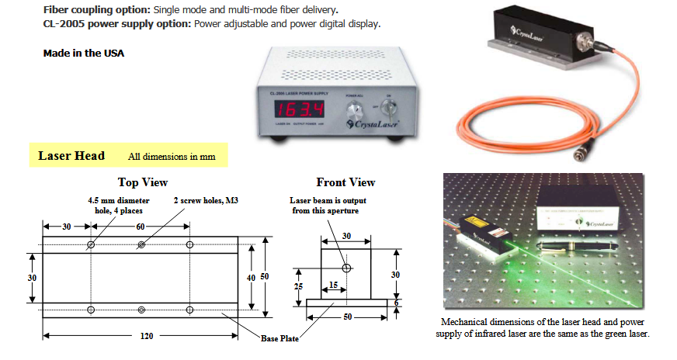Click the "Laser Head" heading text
click(71, 156)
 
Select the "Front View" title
click(345, 183)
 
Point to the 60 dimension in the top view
click(141, 226)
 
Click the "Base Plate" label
click(279, 338)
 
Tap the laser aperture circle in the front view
click(346, 268)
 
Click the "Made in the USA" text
click(84, 54)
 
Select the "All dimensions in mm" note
click(172, 157)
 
